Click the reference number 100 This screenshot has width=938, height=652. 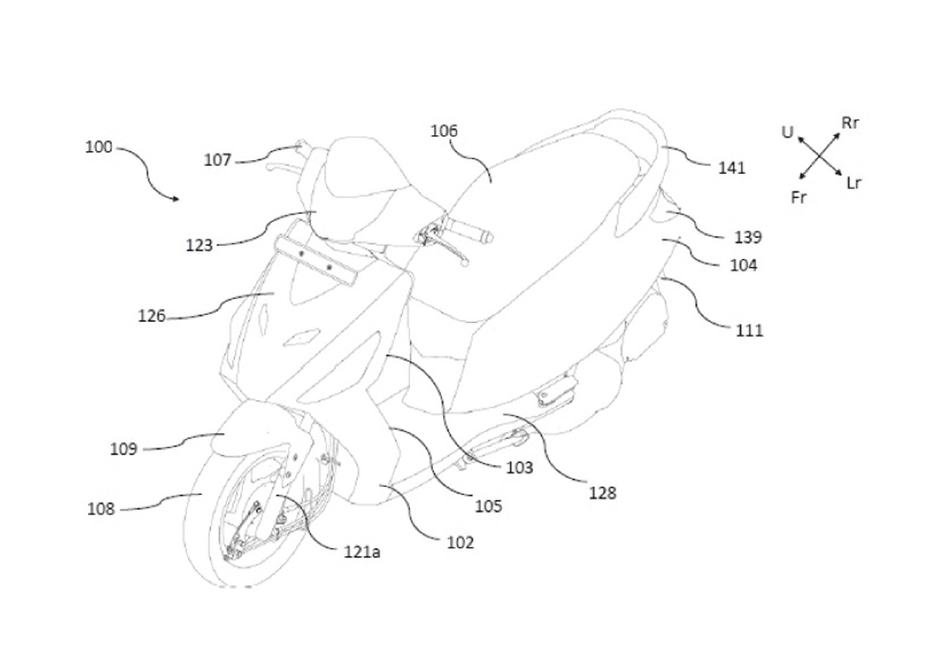coord(99,147)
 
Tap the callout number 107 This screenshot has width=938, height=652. coord(217,159)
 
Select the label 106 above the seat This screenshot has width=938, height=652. coord(444,131)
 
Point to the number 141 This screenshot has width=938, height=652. coord(731,168)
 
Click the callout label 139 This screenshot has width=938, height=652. coord(748,237)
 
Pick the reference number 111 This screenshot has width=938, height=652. coord(750,330)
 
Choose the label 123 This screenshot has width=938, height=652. coord(199,245)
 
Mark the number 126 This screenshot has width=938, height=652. coord(151,316)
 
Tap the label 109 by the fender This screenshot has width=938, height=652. coord(124,449)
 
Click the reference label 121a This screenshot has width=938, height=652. coord(362,552)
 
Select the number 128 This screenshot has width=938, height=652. coord(603,493)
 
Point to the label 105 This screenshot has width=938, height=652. coord(488,506)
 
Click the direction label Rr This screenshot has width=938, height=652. coord(851,123)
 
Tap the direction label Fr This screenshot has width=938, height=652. coord(798,197)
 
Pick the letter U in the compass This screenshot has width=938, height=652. coord(787,132)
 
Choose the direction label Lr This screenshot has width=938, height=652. coord(854,183)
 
